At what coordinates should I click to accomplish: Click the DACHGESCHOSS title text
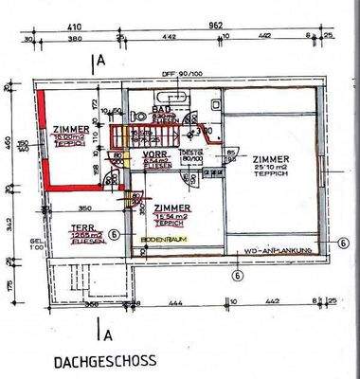point(99,362)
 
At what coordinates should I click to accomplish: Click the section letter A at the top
point(102,63)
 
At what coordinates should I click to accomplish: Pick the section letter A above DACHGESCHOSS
point(106,333)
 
